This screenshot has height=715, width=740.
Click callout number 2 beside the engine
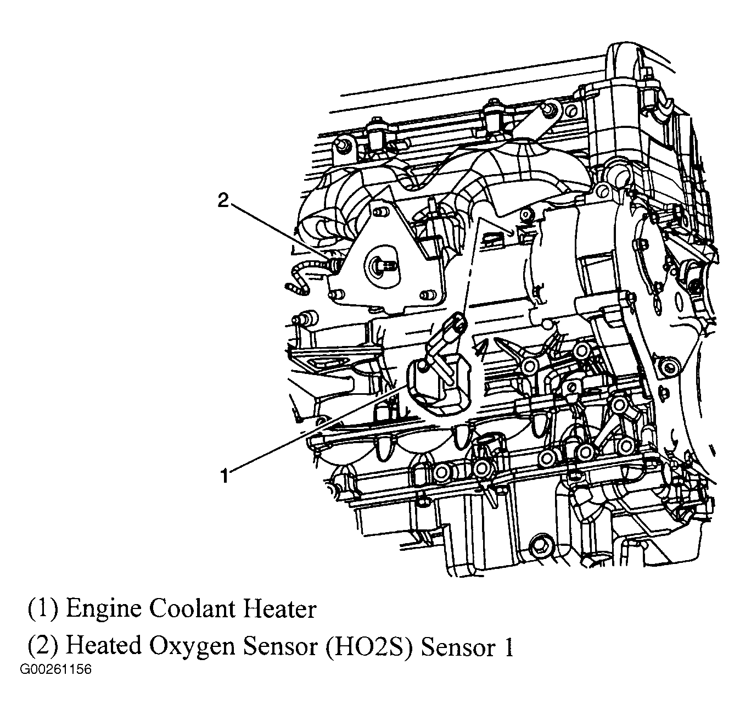point(223,200)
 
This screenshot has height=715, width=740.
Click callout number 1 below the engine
point(225,476)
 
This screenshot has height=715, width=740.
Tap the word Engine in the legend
point(103,610)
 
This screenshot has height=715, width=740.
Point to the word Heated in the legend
point(103,645)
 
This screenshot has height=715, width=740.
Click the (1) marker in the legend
point(43,608)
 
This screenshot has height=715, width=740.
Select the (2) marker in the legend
point(43,646)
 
